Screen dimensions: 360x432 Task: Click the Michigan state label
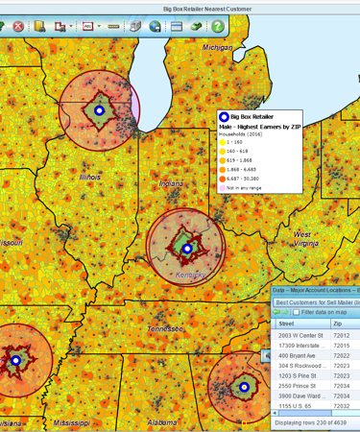pyautogui.click(x=217, y=47)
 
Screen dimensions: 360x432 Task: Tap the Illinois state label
pyautogui.click(x=89, y=178)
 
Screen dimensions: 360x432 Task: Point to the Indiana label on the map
pyautogui.click(x=170, y=183)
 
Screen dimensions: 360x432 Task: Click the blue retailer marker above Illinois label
pyautogui.click(x=99, y=110)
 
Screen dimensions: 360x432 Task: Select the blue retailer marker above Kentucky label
pyautogui.click(x=187, y=248)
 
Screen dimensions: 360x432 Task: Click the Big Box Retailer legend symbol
pyautogui.click(x=225, y=116)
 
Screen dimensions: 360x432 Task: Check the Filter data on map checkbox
pyautogui.click(x=297, y=312)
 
